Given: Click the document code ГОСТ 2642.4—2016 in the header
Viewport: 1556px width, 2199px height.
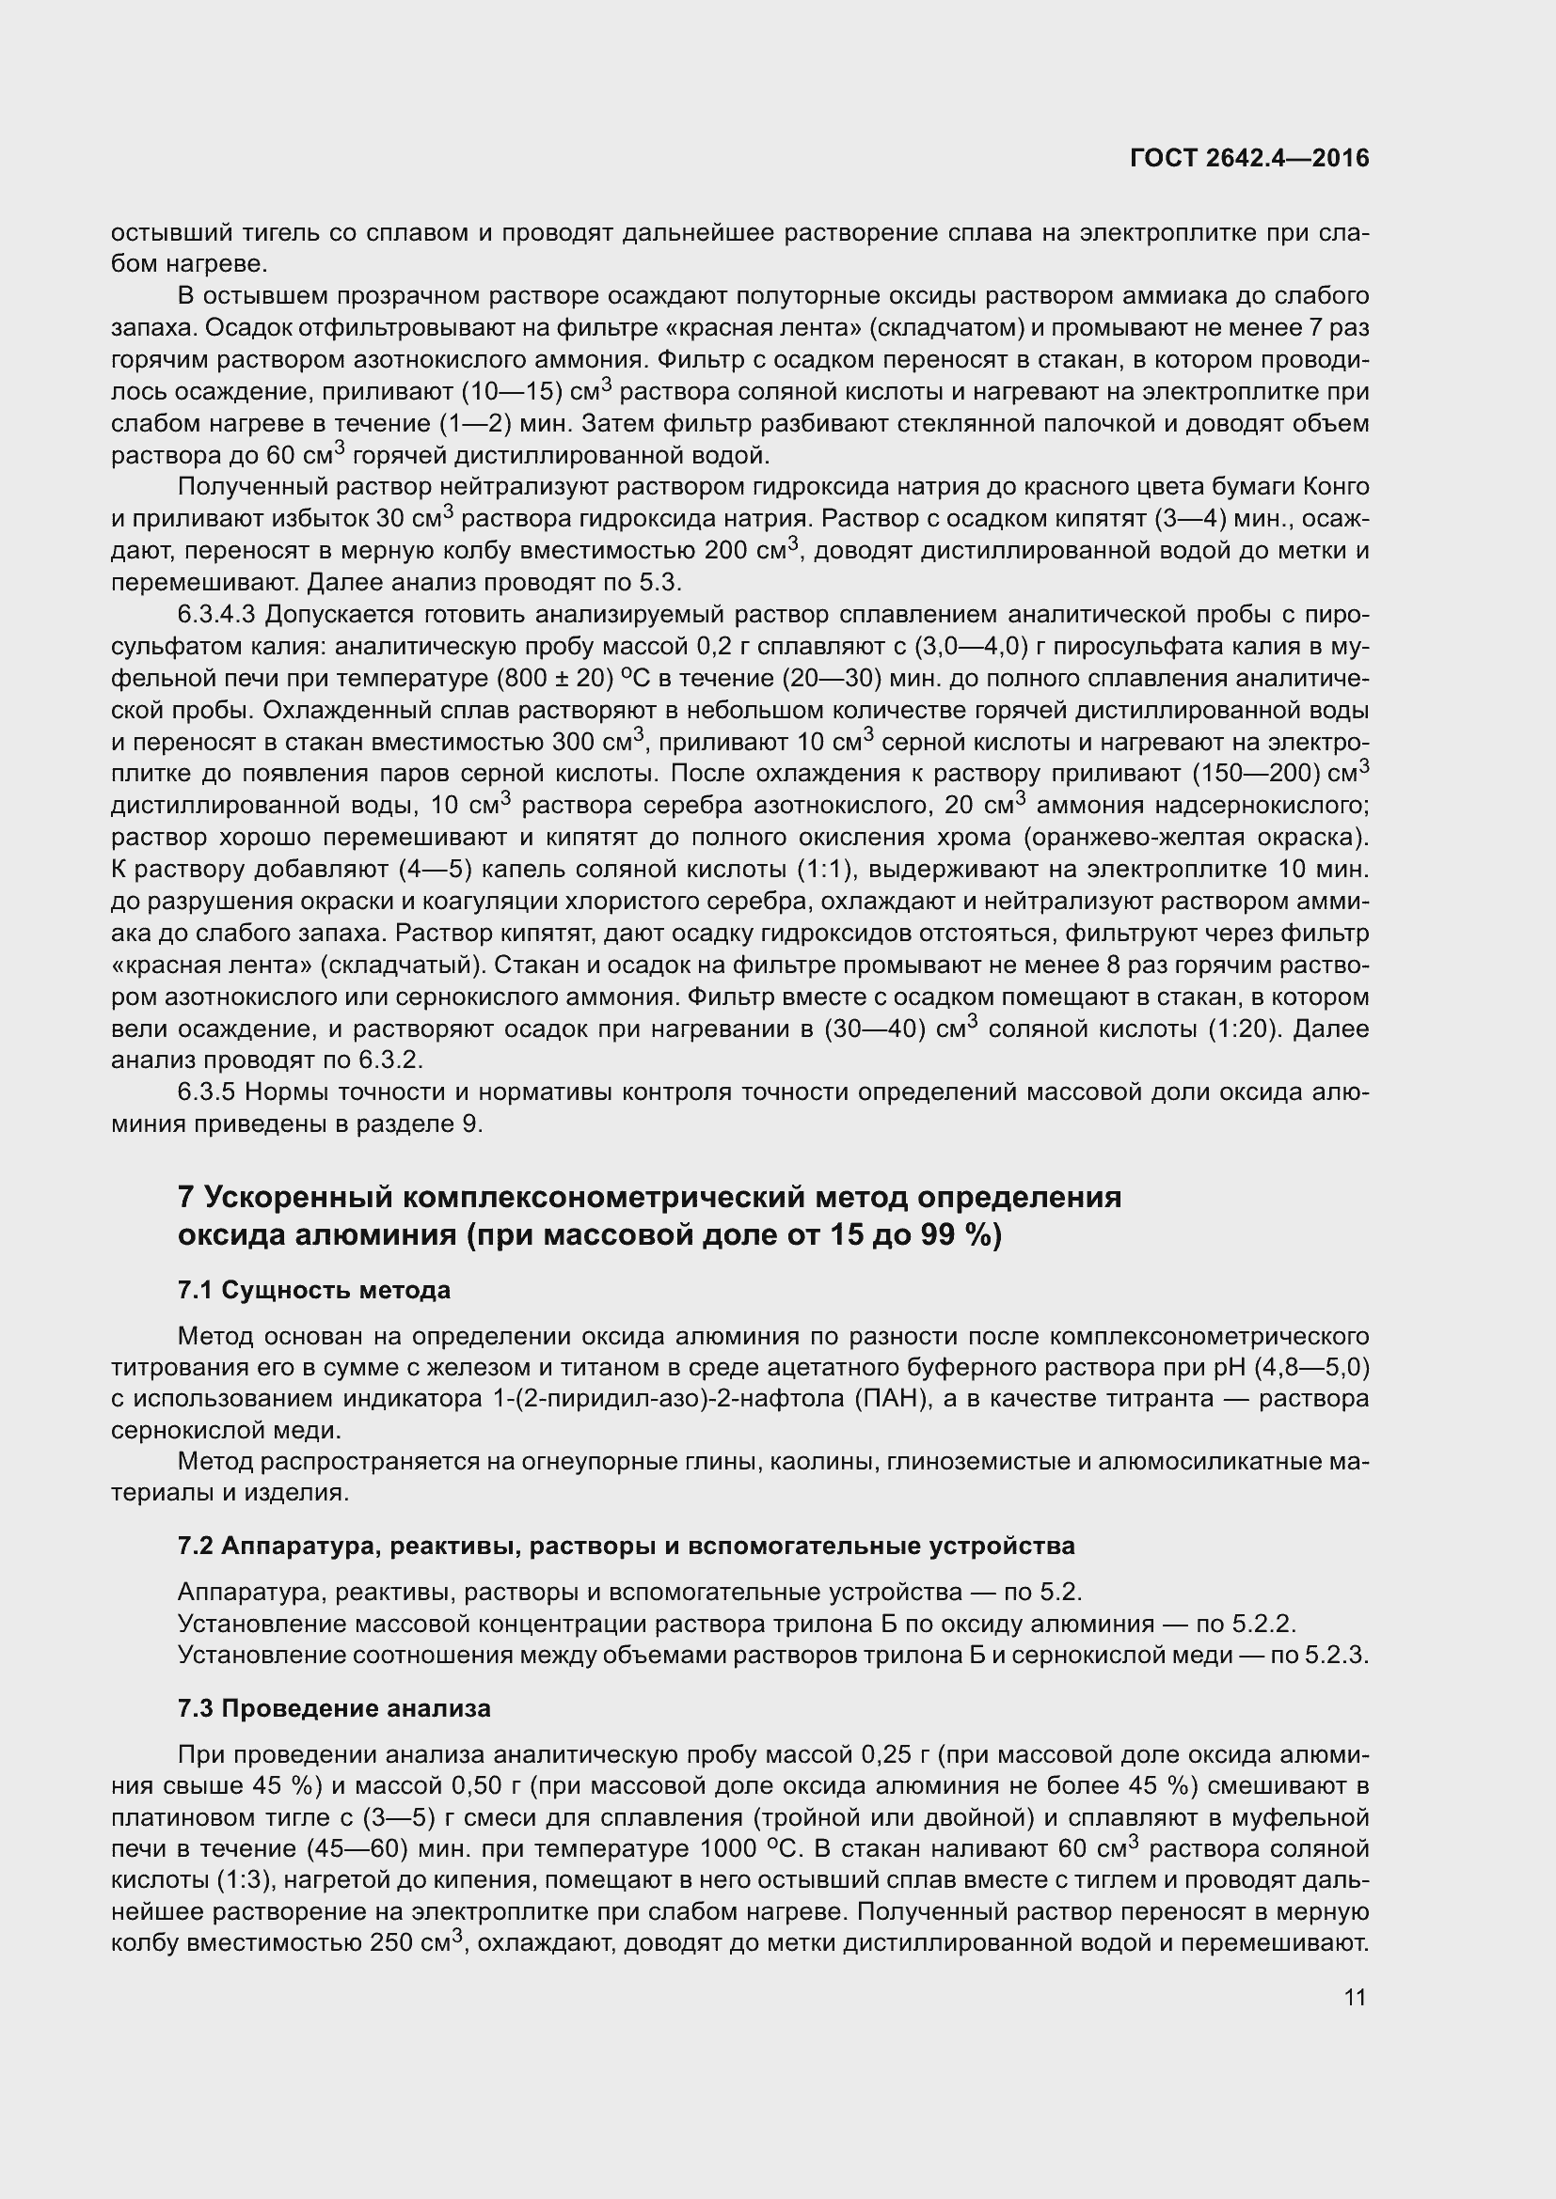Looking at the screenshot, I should tap(1249, 159).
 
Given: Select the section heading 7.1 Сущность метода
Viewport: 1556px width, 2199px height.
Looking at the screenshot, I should tap(314, 1290).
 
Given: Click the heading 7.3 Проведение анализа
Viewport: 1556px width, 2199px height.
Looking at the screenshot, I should tap(334, 1708).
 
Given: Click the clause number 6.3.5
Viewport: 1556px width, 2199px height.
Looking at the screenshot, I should tap(206, 1092).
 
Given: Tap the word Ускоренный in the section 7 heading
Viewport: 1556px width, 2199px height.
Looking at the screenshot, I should tap(297, 1197).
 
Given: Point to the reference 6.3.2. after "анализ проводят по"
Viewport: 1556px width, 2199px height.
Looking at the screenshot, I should tap(391, 1061).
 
